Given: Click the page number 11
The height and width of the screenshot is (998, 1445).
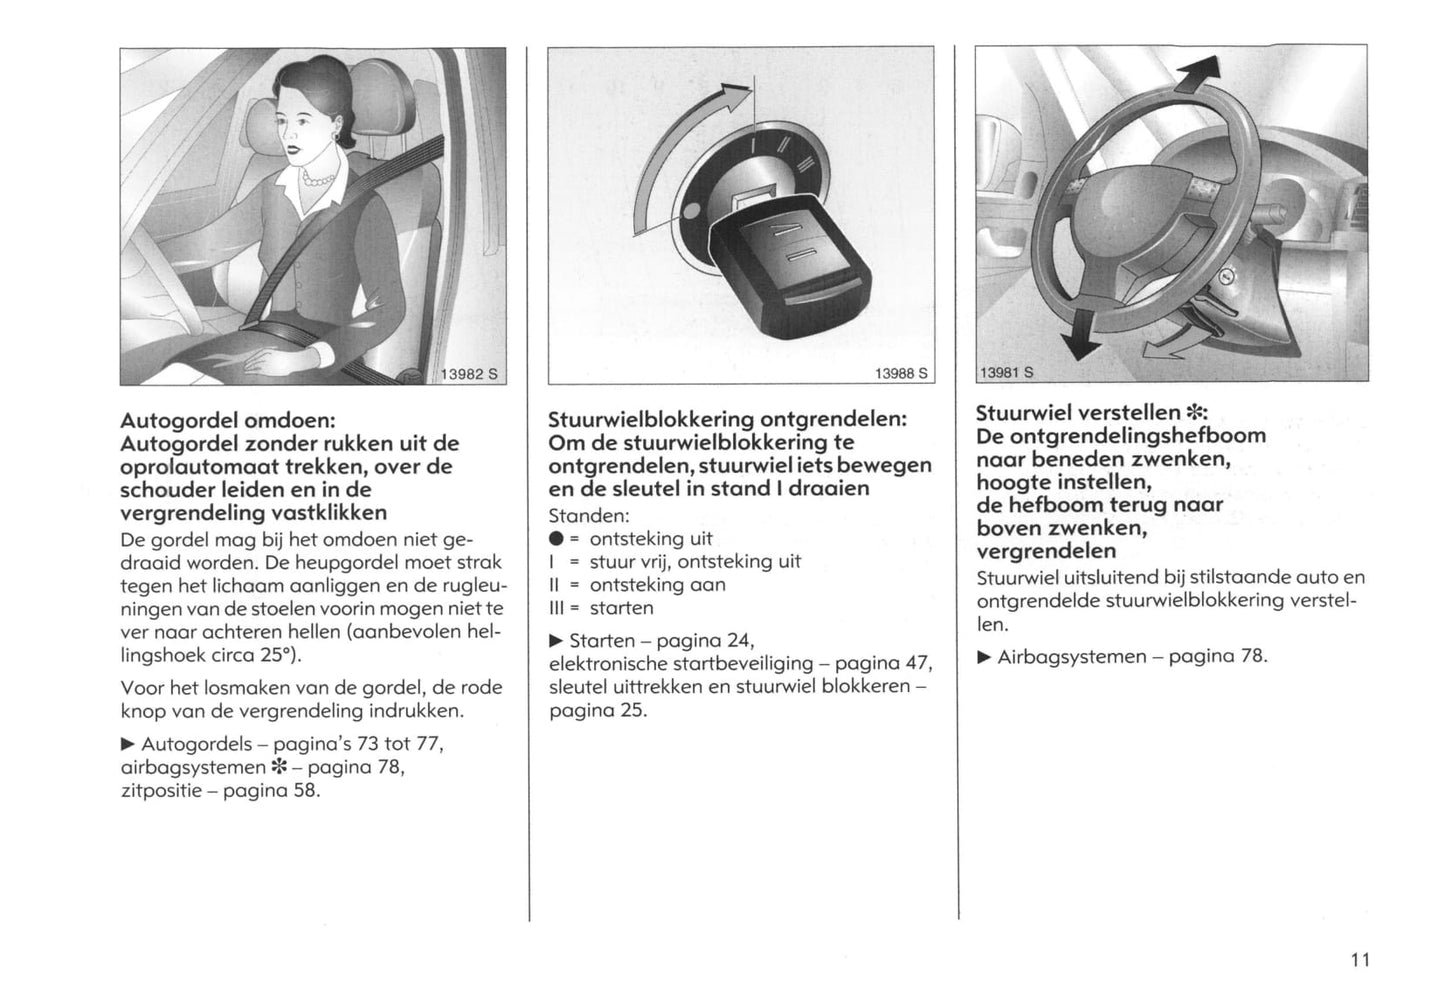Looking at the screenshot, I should [x=1358, y=960].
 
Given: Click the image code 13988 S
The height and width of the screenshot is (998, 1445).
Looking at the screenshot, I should [x=901, y=373].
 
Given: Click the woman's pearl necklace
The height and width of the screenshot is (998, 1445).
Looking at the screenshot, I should [x=318, y=180].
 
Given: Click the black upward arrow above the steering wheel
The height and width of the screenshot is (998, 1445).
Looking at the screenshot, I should [x=1200, y=80].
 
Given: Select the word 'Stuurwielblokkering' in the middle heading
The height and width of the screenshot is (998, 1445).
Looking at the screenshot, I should [x=651, y=419].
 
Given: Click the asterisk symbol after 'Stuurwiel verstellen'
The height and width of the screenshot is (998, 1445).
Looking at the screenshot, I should [x=1195, y=413].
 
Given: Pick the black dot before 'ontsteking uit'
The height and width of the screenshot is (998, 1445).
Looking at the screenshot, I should [x=555, y=539].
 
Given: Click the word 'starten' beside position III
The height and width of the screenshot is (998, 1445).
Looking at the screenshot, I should [x=621, y=608].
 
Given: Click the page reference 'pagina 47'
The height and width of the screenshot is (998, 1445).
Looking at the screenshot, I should [x=883, y=663].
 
